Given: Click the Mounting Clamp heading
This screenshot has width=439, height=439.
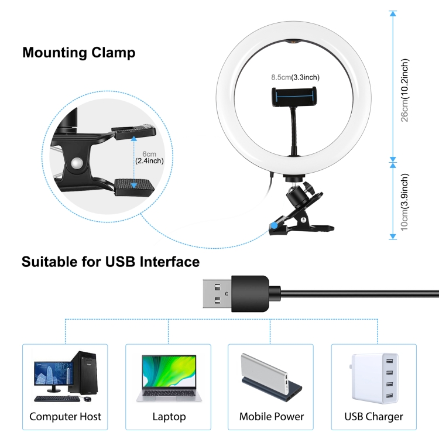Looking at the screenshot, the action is coord(78,53).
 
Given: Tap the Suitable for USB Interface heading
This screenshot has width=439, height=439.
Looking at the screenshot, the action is coord(111,262).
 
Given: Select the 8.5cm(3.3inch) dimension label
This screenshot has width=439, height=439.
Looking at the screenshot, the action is coord(295,77).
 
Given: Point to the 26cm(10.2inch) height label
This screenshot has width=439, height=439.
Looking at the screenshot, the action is coord(405,90).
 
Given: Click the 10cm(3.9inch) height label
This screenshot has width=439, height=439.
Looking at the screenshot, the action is coord(405,202).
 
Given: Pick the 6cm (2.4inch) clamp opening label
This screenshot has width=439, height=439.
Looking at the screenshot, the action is coord(149,157).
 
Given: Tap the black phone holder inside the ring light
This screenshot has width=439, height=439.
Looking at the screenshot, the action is coord(294,97).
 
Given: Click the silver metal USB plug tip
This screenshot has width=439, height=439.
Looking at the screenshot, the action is coord(217,294).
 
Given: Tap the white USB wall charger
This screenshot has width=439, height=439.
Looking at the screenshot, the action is coord(375,378).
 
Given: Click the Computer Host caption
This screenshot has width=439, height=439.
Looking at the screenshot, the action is coord(65,417).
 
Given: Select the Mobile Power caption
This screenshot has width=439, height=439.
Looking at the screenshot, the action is coord(271,417).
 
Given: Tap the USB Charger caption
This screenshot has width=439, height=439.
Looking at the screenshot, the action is coord(374,417).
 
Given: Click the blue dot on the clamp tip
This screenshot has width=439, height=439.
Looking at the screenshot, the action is coord(275,225).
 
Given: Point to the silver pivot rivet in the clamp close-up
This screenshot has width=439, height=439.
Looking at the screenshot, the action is coord(77,163).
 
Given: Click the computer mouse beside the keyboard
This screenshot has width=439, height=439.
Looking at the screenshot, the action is coord(88,399).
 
